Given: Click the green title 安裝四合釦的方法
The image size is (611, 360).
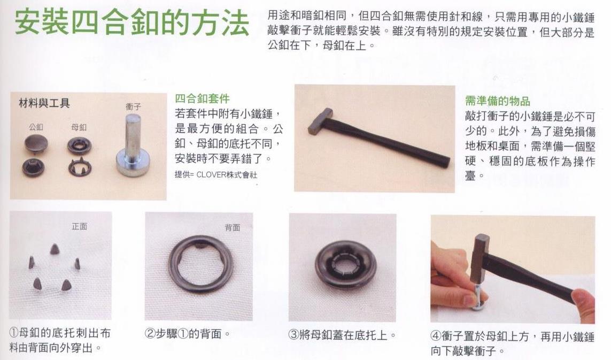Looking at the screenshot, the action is [132, 23].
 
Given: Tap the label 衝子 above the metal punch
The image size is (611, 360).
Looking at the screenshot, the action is [133, 106].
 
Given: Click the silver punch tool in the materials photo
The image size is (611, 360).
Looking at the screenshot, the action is [133, 145].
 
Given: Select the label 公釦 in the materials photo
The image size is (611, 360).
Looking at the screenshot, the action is [36, 127].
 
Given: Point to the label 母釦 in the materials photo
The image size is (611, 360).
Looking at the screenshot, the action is [79, 127].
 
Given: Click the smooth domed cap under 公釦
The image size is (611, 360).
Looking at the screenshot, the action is [36, 143].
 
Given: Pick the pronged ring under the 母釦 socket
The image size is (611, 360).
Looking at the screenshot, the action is [80, 166].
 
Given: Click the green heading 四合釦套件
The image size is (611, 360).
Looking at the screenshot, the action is [202, 98].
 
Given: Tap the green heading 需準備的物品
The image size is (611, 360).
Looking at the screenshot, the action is [498, 101].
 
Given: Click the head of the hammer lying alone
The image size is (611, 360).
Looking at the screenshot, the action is [320, 121].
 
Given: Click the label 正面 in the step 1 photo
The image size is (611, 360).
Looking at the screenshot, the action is [80, 226].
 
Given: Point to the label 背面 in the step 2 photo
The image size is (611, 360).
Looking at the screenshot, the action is [232, 227].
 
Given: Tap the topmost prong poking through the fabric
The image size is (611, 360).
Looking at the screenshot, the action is [55, 249].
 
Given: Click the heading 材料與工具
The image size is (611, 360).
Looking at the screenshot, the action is [44, 103].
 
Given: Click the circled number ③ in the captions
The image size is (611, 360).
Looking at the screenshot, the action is [293, 335].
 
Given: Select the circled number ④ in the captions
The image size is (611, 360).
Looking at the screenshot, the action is [436, 336].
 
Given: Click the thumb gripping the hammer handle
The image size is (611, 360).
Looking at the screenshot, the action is [582, 302].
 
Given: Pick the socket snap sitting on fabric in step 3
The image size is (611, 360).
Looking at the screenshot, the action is [346, 265].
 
